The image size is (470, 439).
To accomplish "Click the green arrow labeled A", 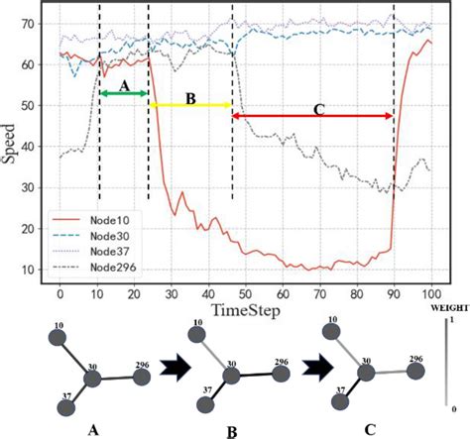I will point(124,93).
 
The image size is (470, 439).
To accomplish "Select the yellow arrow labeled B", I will point(190,103).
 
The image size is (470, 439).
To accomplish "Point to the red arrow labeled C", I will point(312,116).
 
